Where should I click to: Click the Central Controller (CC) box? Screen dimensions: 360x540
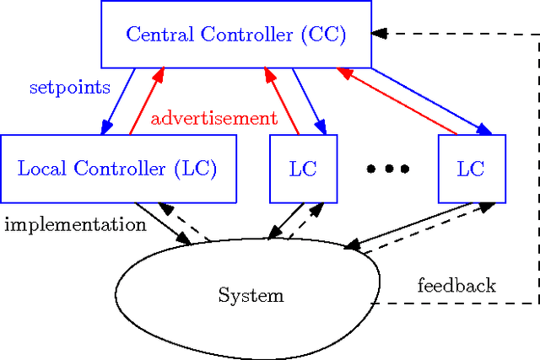coord(236,34)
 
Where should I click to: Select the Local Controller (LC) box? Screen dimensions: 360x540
coord(117,169)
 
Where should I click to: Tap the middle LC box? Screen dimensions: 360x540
coord(303,169)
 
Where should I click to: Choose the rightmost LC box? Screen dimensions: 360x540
coord(472,169)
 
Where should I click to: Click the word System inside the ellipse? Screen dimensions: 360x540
coord(251,296)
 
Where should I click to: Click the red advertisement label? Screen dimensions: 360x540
coord(213,118)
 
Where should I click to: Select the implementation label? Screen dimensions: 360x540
coord(75,225)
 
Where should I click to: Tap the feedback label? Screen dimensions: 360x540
coord(456,286)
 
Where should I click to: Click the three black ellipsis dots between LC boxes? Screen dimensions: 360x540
coord(387,169)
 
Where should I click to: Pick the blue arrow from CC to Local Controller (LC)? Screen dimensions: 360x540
coord(118,101)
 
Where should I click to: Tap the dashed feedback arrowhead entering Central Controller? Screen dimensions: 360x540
coord(380,34)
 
